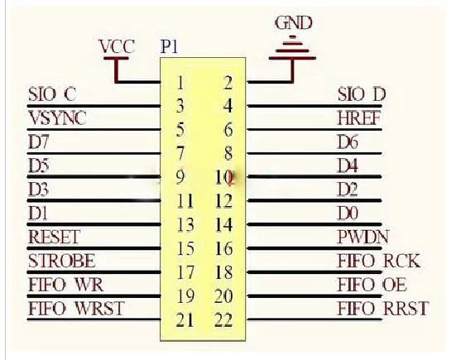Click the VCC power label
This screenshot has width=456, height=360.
(117, 46)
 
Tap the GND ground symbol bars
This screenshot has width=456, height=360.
(293, 49)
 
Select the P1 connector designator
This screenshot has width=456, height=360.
(169, 46)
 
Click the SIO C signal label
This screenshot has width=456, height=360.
(52, 94)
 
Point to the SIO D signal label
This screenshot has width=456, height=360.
(362, 94)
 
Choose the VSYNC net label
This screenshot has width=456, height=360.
(58, 118)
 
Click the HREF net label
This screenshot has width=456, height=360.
(359, 118)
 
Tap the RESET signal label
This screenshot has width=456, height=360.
(54, 237)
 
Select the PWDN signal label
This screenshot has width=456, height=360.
(362, 237)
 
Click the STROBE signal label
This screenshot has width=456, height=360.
(61, 261)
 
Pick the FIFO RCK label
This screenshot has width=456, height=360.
(379, 261)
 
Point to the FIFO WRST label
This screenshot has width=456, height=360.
(76, 309)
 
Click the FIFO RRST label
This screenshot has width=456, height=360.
(383, 309)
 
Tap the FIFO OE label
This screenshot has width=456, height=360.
(372, 285)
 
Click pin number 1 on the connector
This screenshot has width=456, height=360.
(180, 83)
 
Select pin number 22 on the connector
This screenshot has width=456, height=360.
(223, 320)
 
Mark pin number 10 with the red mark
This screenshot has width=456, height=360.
(224, 177)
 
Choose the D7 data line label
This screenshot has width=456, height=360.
(38, 142)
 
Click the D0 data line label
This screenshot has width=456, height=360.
(348, 214)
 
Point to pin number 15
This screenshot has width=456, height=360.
(185, 249)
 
